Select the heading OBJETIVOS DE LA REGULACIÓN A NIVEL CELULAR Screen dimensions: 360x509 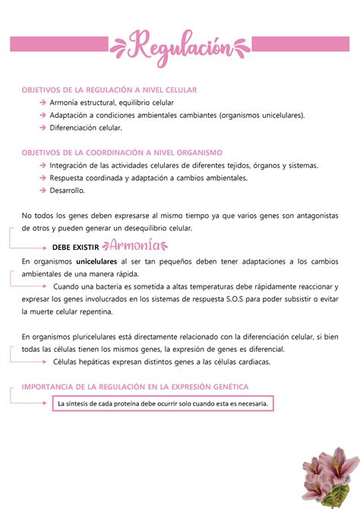(109, 89)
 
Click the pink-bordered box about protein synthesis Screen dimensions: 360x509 (163, 403)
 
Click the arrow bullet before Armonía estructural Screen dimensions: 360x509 (43, 103)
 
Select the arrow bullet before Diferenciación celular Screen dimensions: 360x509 (43, 128)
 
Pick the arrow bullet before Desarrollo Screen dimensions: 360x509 (43, 191)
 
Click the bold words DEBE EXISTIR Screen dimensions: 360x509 (76, 247)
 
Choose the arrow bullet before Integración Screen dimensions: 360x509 (43, 166)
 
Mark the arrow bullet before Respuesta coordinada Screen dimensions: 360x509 (43, 178)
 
